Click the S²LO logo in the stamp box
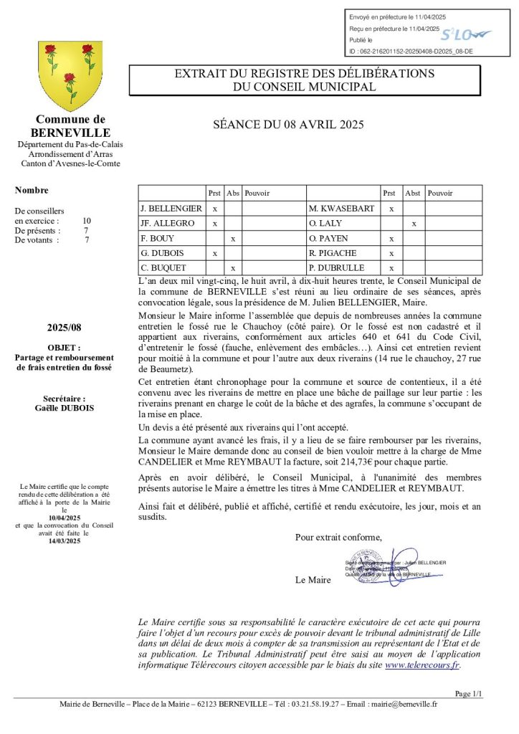point(465,34)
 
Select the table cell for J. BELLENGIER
point(171,208)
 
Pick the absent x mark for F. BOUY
point(232,239)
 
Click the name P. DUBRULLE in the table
point(333,269)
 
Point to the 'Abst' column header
point(412,193)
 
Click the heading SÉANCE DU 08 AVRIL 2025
point(289,125)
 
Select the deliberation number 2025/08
point(65,328)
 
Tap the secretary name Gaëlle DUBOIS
point(65,408)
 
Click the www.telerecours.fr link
point(422,664)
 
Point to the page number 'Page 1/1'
point(469,693)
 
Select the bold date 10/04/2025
point(65,518)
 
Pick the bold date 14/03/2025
point(65,541)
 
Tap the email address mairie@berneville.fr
point(403,704)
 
